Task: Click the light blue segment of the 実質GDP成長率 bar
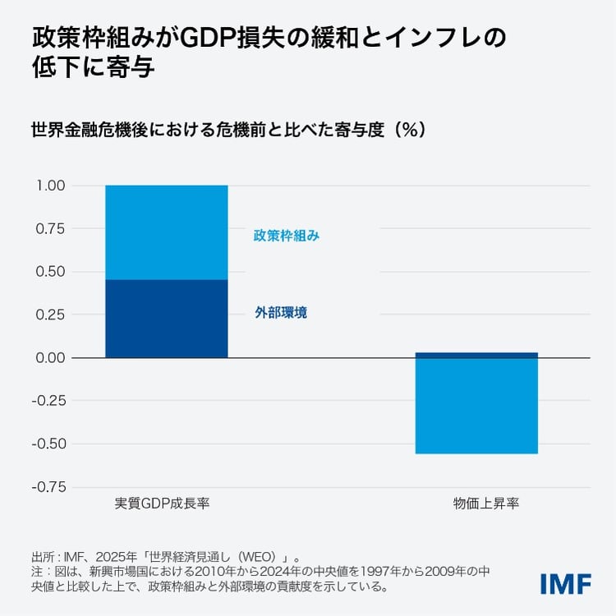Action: [x=166, y=232]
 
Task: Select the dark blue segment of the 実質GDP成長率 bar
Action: [x=166, y=319]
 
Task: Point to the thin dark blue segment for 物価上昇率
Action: [x=476, y=355]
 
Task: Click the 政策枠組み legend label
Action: [x=287, y=236]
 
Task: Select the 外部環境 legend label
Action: [x=281, y=313]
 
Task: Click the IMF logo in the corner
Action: [x=566, y=583]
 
